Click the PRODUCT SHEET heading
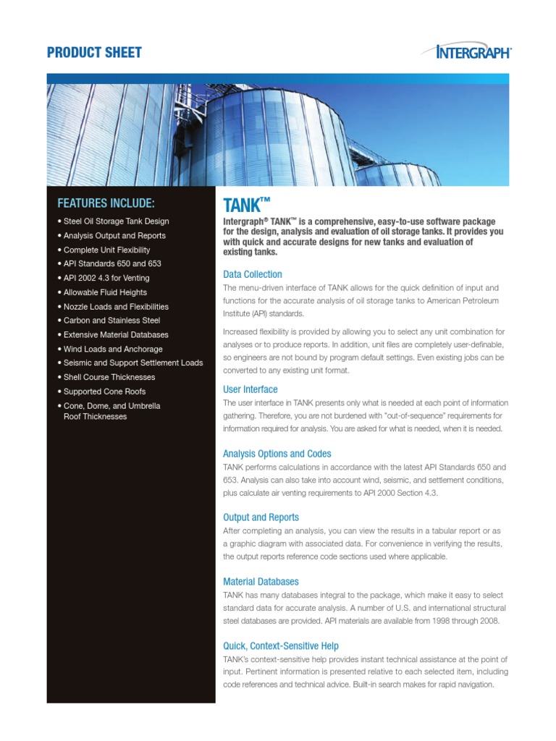(94, 52)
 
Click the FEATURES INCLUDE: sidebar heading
(106, 203)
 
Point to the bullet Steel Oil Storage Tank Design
(113, 221)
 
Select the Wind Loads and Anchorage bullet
(113, 349)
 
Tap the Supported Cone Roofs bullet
(104, 391)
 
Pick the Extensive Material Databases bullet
(116, 335)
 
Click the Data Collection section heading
(253, 274)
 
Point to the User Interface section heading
(250, 389)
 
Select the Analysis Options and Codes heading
(277, 454)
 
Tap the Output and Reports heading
(261, 517)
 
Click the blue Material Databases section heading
(261, 582)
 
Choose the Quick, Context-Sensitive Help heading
(281, 645)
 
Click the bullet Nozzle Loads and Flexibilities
(116, 307)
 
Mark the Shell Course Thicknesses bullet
(109, 377)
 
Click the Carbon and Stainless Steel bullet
(112, 321)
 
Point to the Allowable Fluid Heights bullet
(105, 292)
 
